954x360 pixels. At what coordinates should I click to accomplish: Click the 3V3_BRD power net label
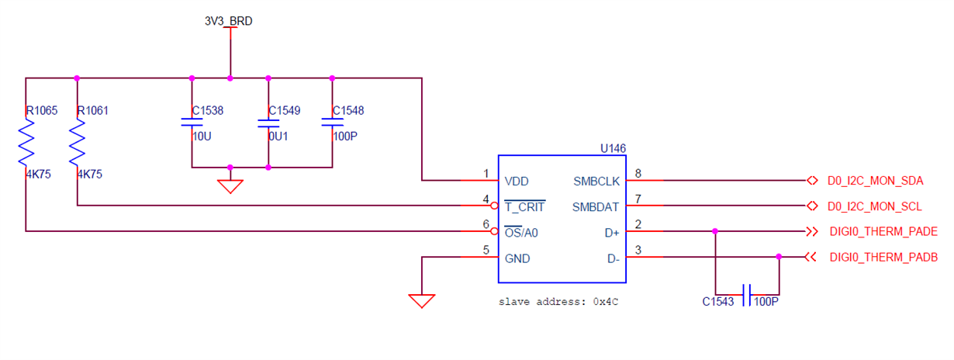[x=229, y=21]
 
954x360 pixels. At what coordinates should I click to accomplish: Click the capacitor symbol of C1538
[x=192, y=123]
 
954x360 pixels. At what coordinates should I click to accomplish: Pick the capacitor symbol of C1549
[x=268, y=123]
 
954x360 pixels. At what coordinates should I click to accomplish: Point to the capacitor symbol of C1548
[x=332, y=123]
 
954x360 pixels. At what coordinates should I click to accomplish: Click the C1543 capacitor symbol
[x=746, y=295]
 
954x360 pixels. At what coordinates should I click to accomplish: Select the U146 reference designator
[x=613, y=147]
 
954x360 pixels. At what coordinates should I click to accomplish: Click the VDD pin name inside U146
[x=517, y=181]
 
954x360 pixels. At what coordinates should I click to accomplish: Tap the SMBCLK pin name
[x=596, y=181]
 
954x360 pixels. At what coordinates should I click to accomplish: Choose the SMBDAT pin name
[x=596, y=206]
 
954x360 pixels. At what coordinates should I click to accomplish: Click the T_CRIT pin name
[x=525, y=206]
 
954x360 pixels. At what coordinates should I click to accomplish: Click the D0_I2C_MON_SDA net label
[x=875, y=182]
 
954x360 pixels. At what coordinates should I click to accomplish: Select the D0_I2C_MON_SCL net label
[x=875, y=206]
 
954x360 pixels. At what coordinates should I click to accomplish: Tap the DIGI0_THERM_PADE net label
[x=883, y=232]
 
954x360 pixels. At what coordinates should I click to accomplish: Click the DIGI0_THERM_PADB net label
[x=883, y=257]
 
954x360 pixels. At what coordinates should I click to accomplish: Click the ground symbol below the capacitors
[x=230, y=185]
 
